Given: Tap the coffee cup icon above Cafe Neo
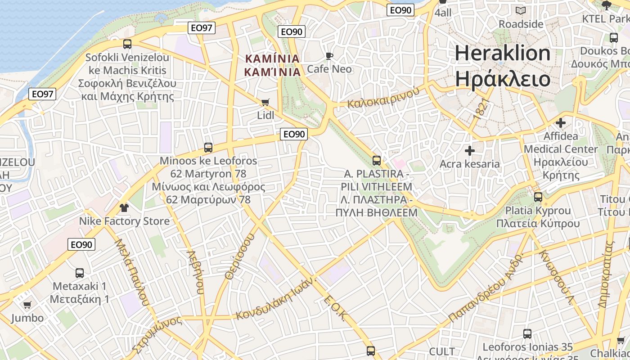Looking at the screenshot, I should pyautogui.click(x=329, y=56).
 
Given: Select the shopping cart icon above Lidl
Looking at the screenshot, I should pyautogui.click(x=265, y=103).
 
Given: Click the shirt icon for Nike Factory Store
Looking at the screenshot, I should pyautogui.click(x=124, y=208).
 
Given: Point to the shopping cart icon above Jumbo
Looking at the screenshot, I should pyautogui.click(x=27, y=305).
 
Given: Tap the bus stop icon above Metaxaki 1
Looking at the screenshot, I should pyautogui.click(x=80, y=273).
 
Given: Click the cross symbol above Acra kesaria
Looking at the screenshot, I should pyautogui.click(x=470, y=151).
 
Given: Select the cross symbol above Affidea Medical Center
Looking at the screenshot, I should pyautogui.click(x=561, y=122).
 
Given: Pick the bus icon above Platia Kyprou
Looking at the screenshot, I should pyautogui.click(x=538, y=197).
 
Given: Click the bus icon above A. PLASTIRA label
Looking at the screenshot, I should pyautogui.click(x=377, y=161).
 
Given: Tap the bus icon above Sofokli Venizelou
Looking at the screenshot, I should pyautogui.click(x=127, y=44).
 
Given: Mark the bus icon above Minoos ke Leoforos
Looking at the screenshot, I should pyautogui.click(x=208, y=148).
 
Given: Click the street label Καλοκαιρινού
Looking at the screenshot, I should pyautogui.click(x=383, y=97).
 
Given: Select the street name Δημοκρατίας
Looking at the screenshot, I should pyautogui.click(x=606, y=274).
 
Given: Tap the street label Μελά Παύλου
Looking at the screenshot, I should pyautogui.click(x=131, y=272).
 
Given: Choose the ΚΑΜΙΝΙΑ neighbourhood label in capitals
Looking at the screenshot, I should pyautogui.click(x=272, y=65).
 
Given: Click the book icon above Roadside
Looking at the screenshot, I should pyautogui.click(x=521, y=11).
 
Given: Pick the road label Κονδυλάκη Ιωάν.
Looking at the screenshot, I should pyautogui.click(x=276, y=298).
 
